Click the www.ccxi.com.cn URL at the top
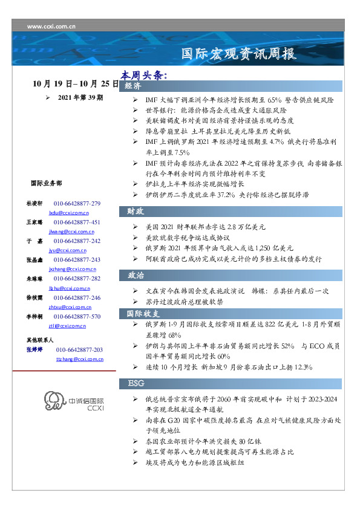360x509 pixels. (51, 26)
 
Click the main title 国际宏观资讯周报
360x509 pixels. (239, 54)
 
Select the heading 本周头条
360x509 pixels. (143, 76)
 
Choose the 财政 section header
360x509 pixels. (135, 212)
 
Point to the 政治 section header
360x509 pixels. (135, 276)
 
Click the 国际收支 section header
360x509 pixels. (143, 314)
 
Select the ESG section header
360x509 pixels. (136, 384)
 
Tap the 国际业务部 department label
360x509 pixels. (45, 183)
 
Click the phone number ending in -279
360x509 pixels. (77, 203)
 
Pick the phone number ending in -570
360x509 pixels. (77, 316)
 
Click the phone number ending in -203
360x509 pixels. (79, 349)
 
